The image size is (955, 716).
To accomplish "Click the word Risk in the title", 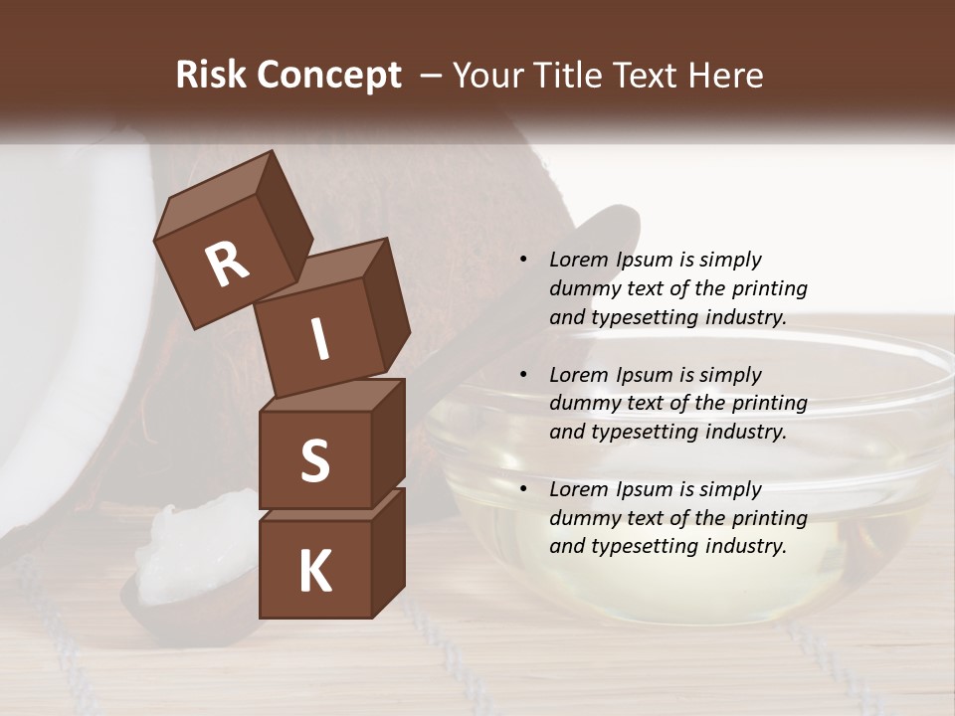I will tap(211, 75).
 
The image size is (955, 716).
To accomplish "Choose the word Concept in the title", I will tap(330, 75).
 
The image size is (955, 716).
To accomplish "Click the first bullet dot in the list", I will tap(523, 260).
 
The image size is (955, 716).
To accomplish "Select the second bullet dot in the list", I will tap(523, 375).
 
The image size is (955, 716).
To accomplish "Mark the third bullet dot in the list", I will tap(523, 489).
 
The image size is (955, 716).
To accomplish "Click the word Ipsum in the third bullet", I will tap(645, 489).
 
